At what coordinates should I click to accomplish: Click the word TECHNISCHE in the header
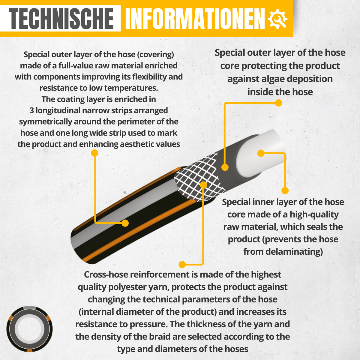point(61,19)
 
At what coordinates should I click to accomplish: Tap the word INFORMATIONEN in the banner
point(195,19)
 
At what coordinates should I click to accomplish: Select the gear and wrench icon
point(277,19)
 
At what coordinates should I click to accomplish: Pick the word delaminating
point(292,252)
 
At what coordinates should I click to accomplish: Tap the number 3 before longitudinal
point(31,110)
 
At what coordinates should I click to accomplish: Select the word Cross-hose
point(106,274)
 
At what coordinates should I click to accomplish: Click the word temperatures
point(131,88)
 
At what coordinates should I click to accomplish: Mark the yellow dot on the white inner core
point(261,153)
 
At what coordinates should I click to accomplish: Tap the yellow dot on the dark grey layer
point(225,167)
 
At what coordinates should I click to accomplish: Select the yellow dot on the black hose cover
point(125,223)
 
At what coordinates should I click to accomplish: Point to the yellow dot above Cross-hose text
point(182,265)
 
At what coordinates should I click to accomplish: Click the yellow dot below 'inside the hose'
point(278,103)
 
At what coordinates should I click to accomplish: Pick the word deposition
point(310,79)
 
